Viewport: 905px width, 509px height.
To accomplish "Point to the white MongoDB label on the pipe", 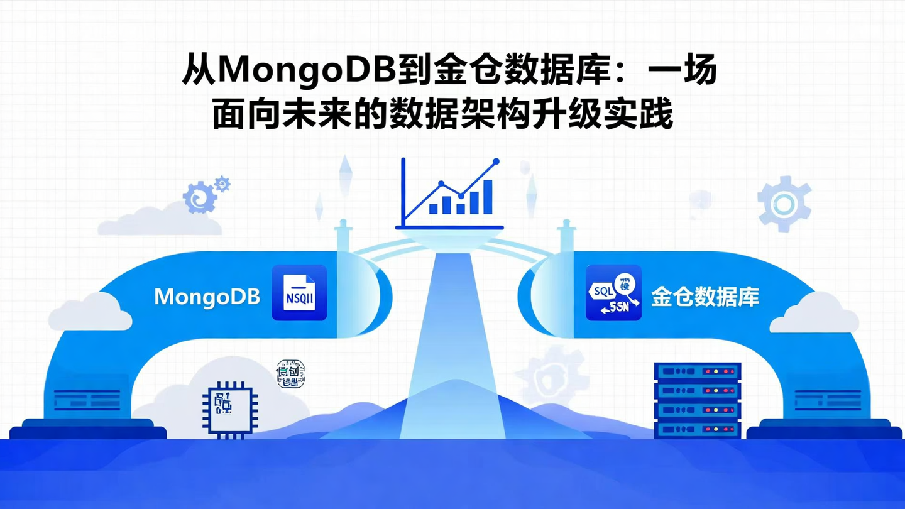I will tap(207, 297).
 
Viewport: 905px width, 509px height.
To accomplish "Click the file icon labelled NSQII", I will tap(299, 293).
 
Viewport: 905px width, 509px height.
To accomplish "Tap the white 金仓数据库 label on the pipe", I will tap(705, 297).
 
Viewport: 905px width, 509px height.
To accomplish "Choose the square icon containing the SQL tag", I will tap(613, 293).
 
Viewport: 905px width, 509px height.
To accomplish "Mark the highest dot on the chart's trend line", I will tap(496, 161).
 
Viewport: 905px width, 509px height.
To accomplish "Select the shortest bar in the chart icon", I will tap(433, 208).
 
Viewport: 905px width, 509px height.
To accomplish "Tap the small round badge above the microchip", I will tap(291, 374).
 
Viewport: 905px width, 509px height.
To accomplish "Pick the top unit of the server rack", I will tap(698, 371).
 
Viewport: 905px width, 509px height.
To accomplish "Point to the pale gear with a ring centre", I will tap(784, 204).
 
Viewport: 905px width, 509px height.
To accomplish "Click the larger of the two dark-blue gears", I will tap(199, 198).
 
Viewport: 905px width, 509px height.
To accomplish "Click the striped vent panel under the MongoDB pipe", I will tap(87, 400).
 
